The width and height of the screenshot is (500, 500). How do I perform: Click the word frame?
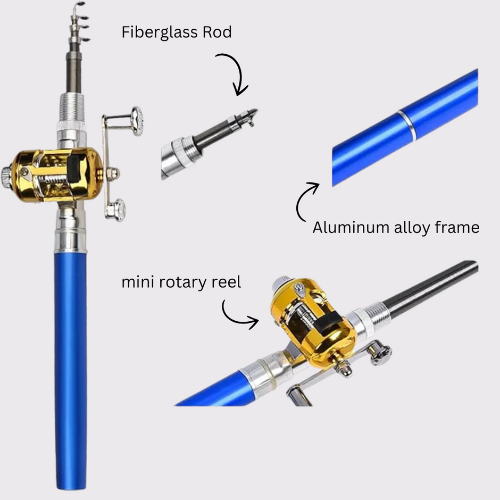(456, 228)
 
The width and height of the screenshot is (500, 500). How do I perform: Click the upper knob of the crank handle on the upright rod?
(137, 121)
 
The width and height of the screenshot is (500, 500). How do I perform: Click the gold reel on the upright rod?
(56, 174)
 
